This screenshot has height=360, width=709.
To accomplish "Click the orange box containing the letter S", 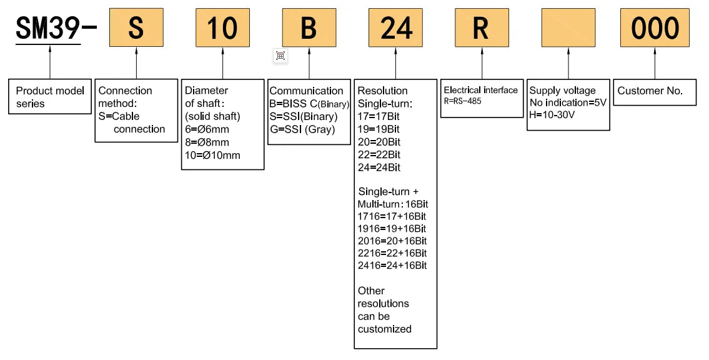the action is coord(136,27).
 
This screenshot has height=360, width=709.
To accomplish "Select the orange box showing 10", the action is coord(222,27).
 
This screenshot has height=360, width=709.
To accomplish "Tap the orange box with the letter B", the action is coord(309,27).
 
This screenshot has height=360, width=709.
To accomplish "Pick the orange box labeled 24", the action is coord(395,27).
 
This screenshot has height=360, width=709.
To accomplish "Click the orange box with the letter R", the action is coord(482,27).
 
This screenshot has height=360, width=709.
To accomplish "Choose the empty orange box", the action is coord(568,27).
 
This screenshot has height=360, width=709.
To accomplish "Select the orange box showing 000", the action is coord(655,27).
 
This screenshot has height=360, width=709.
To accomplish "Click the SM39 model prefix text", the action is coord(48,28).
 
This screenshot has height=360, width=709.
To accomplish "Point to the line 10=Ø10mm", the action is coord(212,155).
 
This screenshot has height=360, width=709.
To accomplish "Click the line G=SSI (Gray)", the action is coord(302,129).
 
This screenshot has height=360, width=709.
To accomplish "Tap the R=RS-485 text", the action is coord(463,101).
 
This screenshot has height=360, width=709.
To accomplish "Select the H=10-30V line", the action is coord(552,115).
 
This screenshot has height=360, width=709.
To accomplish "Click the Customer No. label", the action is coord(650,91).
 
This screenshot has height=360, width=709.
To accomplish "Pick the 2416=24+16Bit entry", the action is coord(392,266).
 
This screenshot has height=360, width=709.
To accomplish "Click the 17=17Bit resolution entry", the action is coord(379,116).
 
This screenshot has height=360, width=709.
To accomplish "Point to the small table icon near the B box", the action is coord(280,56).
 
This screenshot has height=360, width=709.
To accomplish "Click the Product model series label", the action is coord(50,97).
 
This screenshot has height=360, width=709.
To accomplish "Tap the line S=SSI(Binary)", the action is coord(304,117).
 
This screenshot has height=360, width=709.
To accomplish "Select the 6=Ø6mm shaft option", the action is coord(207,129).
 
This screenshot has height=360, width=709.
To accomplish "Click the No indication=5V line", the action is coord(568,102).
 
